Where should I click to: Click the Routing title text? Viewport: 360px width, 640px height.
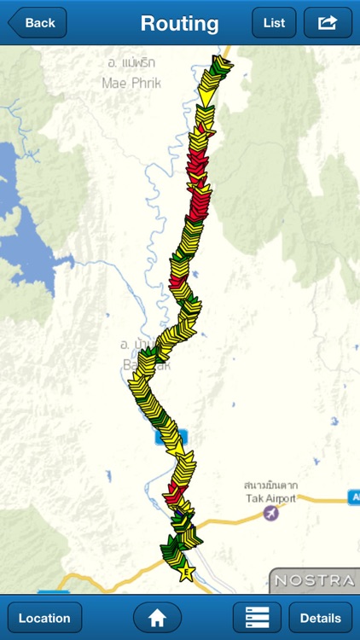point(179,23)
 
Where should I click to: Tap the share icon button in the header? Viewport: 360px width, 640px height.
point(328,23)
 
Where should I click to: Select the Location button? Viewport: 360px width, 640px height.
point(44,618)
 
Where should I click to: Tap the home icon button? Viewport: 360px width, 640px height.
point(157,618)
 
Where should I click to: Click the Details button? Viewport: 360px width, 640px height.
point(320,618)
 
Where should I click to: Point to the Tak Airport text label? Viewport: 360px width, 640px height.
point(269,498)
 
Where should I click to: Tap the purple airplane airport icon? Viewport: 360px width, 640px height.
point(271,514)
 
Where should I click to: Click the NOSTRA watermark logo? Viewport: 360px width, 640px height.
point(314,580)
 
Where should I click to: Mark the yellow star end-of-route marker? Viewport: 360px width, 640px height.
point(186,572)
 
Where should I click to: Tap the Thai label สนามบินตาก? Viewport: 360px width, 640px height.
point(269,486)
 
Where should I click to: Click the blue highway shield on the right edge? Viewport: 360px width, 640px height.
point(354,497)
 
